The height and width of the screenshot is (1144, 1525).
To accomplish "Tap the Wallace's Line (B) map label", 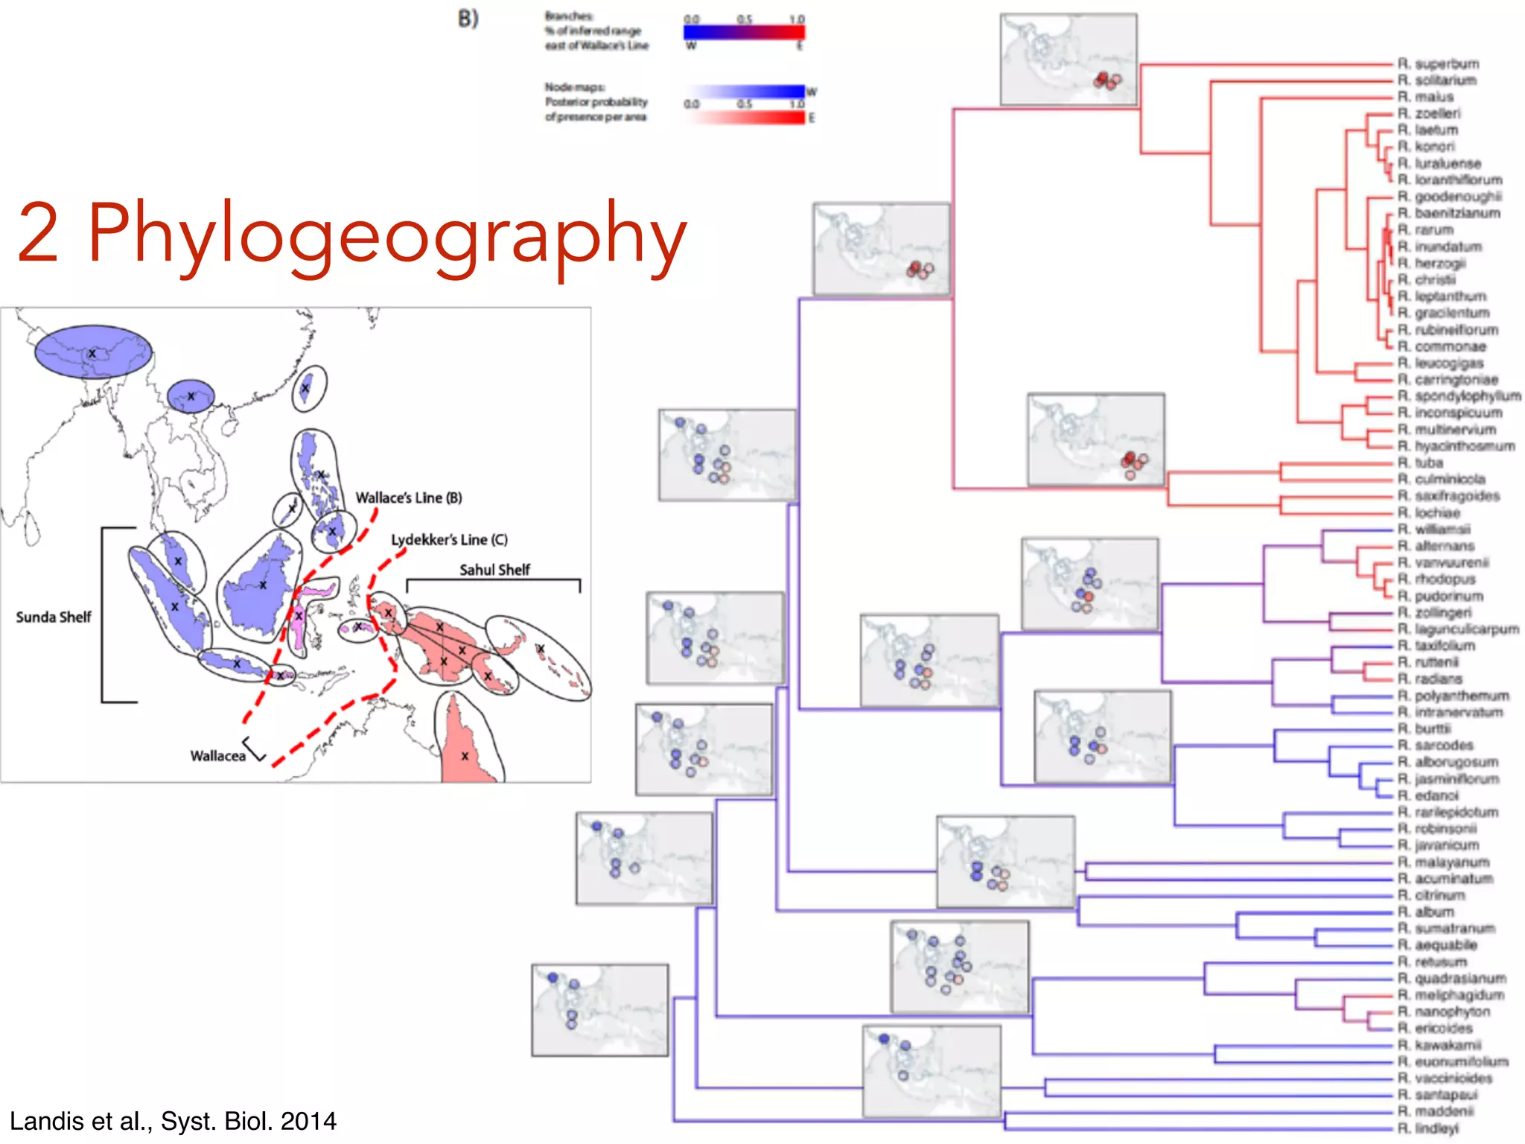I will (x=408, y=498).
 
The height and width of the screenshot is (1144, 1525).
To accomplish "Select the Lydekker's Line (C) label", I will (x=449, y=539).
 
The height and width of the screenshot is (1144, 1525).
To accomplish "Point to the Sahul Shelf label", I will (x=494, y=570).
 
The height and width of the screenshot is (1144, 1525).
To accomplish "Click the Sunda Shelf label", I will (x=54, y=617).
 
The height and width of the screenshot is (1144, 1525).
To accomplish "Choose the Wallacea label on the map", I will (x=217, y=755).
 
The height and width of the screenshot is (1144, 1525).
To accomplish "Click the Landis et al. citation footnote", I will (x=173, y=1121).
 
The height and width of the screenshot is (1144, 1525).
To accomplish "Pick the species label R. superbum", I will (x=1438, y=64).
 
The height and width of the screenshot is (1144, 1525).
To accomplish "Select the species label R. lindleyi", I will (x=1427, y=1128).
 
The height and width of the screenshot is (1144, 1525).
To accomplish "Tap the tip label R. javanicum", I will (x=1438, y=845).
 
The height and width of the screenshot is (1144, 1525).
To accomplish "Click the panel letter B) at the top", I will (x=468, y=19).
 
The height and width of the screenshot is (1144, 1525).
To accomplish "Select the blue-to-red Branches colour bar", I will (x=744, y=32).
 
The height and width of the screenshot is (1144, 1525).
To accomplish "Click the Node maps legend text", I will (x=596, y=102).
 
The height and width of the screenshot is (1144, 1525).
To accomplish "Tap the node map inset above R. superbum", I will (x=1069, y=60).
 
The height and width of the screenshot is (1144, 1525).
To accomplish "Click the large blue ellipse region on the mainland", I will (x=93, y=352).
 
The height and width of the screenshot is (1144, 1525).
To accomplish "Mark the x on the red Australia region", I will (x=465, y=756).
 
